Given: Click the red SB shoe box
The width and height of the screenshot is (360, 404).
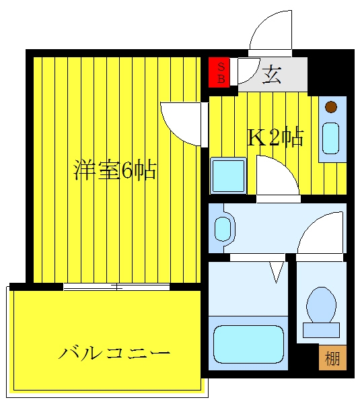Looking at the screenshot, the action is pos(219,73).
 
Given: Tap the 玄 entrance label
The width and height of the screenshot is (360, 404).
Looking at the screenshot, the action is pos(272,74).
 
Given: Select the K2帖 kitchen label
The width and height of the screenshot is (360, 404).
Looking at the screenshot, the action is pos(275,137).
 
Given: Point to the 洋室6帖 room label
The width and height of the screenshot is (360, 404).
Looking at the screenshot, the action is pos(115,170).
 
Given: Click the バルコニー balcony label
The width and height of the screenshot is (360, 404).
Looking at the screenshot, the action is pos(114,353).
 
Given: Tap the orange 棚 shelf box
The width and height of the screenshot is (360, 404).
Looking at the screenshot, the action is pos(332,358).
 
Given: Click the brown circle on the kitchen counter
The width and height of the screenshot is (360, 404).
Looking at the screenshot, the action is pos(331,106).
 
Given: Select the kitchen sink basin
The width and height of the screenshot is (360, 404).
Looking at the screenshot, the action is pos(331,138).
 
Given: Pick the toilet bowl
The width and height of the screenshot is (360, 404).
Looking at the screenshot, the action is pos(322,305).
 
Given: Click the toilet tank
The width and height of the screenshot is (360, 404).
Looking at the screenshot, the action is pos(322,330).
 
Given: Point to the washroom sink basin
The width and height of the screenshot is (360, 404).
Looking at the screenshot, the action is pos(223,229).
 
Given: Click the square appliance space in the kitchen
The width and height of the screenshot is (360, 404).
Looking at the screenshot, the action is pos(228,176).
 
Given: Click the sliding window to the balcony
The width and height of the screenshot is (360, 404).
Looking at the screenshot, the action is pos(116,287).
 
